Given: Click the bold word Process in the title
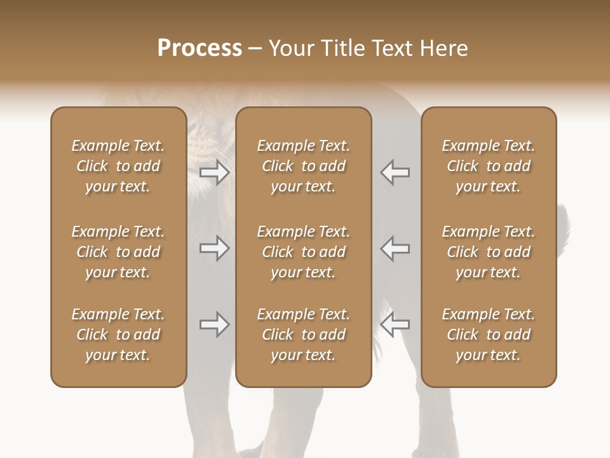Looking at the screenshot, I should [200, 48].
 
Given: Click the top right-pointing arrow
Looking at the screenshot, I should [214, 172].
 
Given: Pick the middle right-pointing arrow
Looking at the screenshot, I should [214, 249].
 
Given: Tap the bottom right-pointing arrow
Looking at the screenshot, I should [214, 324].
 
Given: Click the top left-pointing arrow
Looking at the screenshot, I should [395, 172].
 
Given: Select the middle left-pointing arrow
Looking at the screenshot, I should [395, 249].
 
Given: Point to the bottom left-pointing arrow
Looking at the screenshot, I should [395, 324].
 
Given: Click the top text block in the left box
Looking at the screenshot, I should [118, 166].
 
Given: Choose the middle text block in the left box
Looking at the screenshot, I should [118, 252].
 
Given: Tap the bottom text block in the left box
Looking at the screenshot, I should [118, 335].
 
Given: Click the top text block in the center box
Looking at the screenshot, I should [304, 166].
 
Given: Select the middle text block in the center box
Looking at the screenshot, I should [304, 252].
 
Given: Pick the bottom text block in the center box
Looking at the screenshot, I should [304, 335].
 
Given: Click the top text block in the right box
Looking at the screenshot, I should [489, 166].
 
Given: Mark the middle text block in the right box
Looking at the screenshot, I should [489, 252].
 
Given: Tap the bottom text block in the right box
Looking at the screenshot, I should [489, 335].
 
